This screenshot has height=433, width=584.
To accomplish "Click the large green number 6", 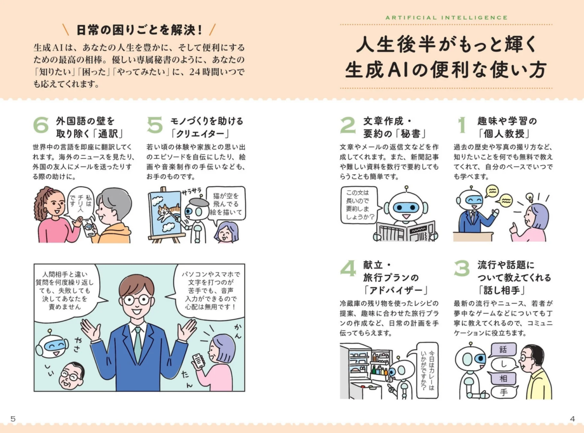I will point(41,125).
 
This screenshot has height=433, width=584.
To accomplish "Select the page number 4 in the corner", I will point(572,418).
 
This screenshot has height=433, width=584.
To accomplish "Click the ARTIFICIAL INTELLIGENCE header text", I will point(447,17).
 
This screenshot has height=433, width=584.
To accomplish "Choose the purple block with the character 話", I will point(503,349).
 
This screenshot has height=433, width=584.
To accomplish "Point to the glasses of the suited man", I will point(136,299).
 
